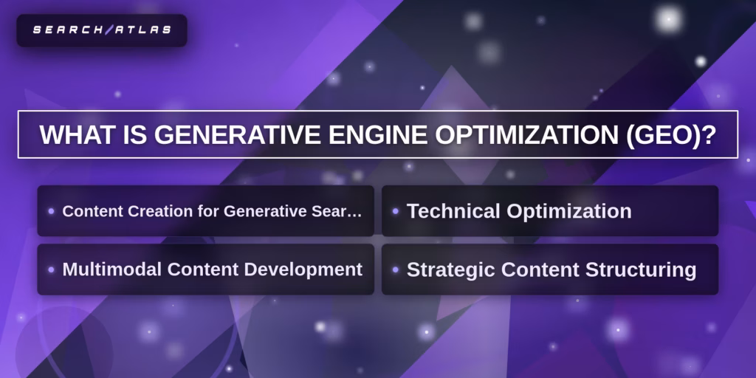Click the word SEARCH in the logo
[68, 30]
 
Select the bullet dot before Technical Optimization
[396, 211]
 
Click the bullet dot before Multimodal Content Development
[51, 269]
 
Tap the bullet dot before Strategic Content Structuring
[396, 269]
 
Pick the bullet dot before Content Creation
[51, 211]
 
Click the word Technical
[453, 211]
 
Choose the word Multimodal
[112, 269]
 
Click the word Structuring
[641, 270]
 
